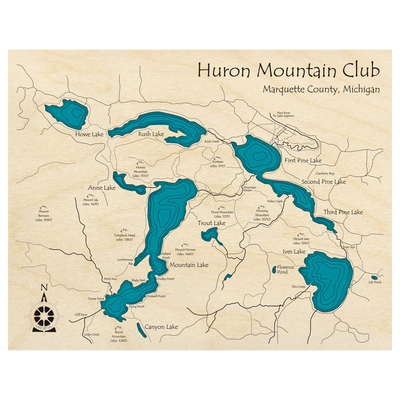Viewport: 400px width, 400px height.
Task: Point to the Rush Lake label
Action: tap(150, 133)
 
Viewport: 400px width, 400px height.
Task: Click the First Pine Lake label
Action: tap(303, 160)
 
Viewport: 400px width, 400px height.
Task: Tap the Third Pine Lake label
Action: tap(343, 212)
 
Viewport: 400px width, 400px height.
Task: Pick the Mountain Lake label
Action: tap(189, 264)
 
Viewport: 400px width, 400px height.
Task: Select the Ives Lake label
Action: tap(293, 251)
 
